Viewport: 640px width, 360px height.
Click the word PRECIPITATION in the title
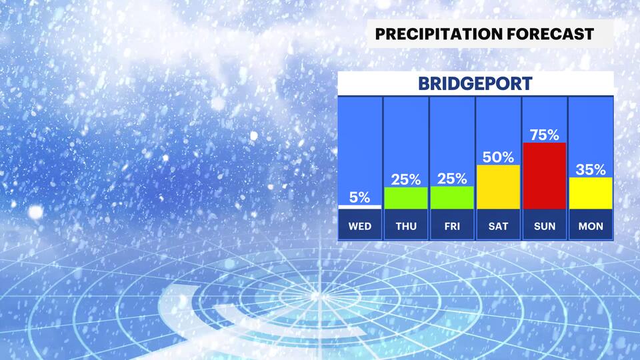coord(434,34)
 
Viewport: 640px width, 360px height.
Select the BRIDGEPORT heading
coord(475,84)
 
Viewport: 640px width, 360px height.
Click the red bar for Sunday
coord(544,176)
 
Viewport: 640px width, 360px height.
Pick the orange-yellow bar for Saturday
coord(498,187)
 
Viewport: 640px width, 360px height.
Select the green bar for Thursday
coord(406,198)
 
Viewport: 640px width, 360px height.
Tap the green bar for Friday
coord(452,198)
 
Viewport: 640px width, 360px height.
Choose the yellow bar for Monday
coord(590,193)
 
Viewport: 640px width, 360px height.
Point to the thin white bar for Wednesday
coord(360,207)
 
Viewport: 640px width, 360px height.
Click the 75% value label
coord(544,135)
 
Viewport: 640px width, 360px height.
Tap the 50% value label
coord(498,157)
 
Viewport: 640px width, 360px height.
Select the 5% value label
coord(360,197)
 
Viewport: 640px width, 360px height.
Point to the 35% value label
coord(590,169)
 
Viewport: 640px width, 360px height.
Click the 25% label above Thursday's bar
coord(406,179)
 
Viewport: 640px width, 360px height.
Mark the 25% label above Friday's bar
coord(452,179)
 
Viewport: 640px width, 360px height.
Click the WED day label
coord(360,226)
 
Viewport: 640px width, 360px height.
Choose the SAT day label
coord(498,226)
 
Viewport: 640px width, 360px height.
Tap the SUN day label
coord(544,226)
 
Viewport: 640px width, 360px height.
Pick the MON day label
coord(590,226)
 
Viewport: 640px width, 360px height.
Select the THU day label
coord(406,226)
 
